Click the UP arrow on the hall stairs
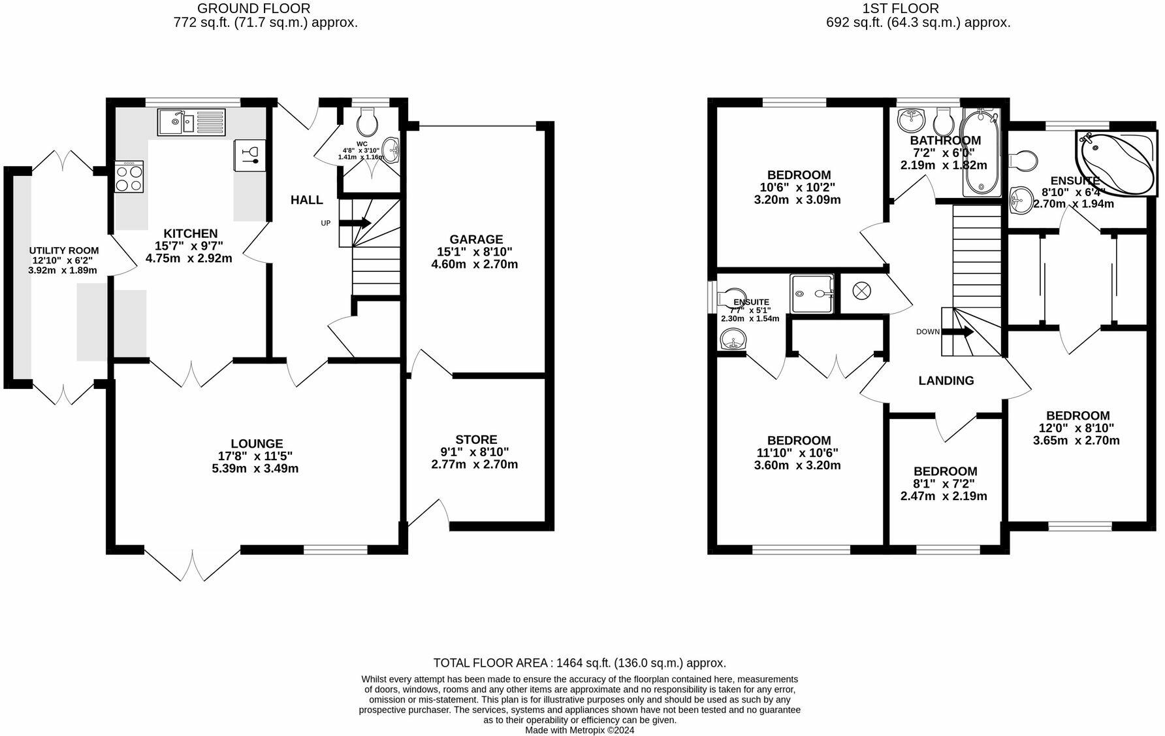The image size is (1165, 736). [x=355, y=223]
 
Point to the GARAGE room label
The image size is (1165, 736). [x=475, y=239]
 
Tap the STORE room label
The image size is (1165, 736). [x=476, y=440]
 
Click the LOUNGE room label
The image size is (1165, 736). [x=257, y=444]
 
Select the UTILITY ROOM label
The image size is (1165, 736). [x=63, y=250]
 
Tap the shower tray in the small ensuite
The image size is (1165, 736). [x=812, y=294]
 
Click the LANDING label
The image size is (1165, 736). [x=946, y=380]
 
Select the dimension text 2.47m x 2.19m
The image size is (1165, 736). [x=944, y=496]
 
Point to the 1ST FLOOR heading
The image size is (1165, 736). [x=900, y=8]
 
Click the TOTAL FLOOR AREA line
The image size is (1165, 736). [x=579, y=663]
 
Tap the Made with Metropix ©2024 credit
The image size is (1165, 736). [x=579, y=730]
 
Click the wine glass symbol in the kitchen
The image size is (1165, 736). [x=249, y=155]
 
